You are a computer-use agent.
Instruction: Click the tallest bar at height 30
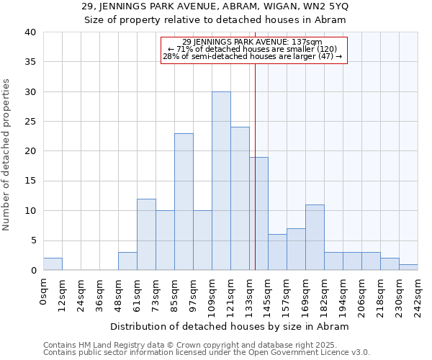[221, 181]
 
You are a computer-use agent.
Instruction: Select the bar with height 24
[240, 199]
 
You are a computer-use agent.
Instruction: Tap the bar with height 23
[184, 202]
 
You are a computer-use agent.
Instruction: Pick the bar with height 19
[258, 214]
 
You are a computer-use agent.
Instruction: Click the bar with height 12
[146, 235]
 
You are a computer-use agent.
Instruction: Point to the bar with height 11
[315, 238]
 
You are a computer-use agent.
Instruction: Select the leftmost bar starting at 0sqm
[53, 264]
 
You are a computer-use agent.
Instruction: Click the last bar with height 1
[408, 267]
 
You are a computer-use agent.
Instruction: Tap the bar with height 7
[296, 249]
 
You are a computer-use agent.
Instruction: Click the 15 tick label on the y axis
[30, 181]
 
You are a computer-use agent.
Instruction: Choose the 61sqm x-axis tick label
[138, 293]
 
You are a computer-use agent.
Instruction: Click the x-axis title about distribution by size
[230, 326]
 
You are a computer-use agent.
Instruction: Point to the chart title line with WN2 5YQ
[216, 6]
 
